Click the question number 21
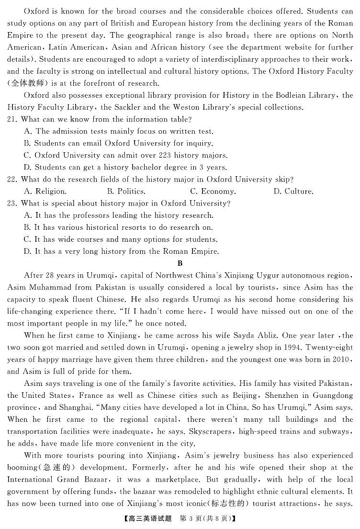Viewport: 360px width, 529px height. pyautogui.click(x=13, y=119)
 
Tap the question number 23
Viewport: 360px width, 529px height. pyautogui.click(x=13, y=203)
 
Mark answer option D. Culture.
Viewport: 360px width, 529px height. pyautogui.click(x=293, y=191)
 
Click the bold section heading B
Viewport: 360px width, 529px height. pyautogui.click(x=180, y=263)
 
